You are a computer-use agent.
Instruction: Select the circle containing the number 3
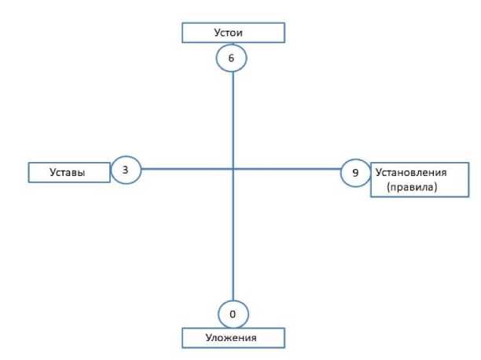click(126, 169)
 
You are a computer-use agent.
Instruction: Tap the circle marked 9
click(355, 171)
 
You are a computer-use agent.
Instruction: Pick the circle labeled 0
click(233, 314)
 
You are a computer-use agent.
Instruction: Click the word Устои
click(232, 34)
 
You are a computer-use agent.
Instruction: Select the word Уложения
click(232, 338)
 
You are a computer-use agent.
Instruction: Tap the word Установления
click(411, 171)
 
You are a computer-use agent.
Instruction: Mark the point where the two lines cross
click(233, 169)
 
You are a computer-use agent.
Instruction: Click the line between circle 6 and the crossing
click(233, 118)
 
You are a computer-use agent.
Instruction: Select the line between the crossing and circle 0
click(233, 236)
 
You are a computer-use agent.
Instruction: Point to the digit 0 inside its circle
click(233, 314)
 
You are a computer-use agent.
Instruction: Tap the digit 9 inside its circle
click(355, 171)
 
